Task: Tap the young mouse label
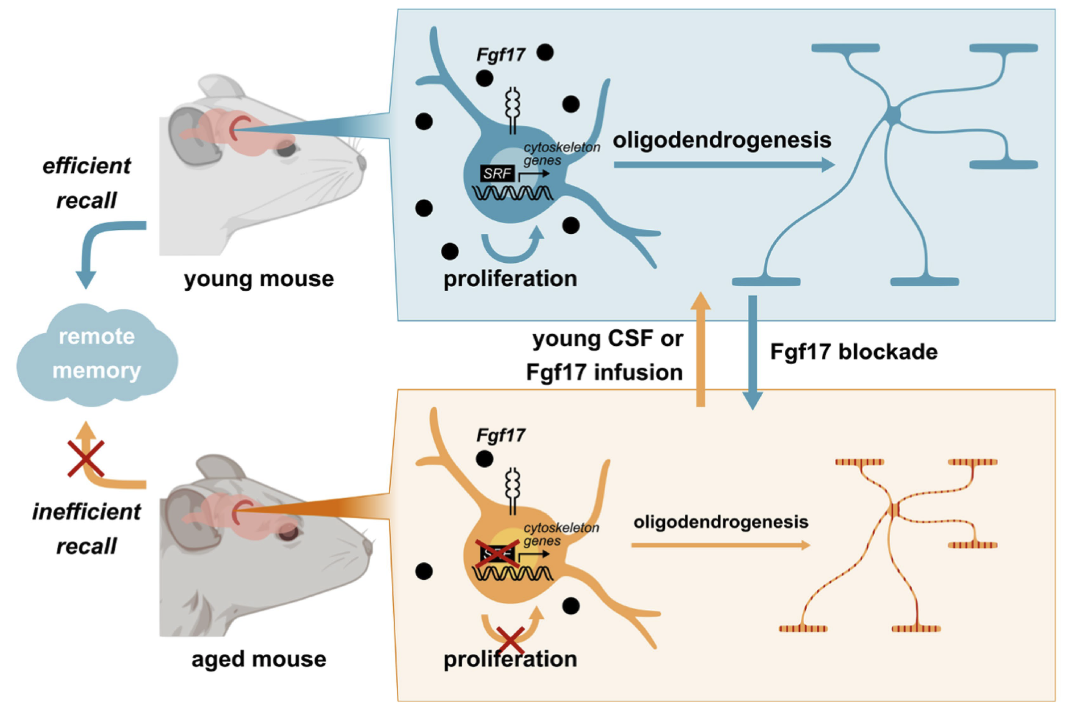point(259,279)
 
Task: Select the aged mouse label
point(259,659)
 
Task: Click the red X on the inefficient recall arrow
point(86,458)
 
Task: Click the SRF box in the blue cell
point(497,173)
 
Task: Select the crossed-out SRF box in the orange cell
point(497,553)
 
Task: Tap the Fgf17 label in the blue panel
point(500,55)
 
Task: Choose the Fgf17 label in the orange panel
point(500,436)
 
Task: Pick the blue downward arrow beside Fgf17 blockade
point(752,353)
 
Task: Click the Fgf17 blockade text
point(854,352)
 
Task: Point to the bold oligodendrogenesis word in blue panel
point(722,140)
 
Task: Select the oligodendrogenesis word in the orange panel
point(721,522)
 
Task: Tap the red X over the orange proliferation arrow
point(510,639)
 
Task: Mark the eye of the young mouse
point(286,149)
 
